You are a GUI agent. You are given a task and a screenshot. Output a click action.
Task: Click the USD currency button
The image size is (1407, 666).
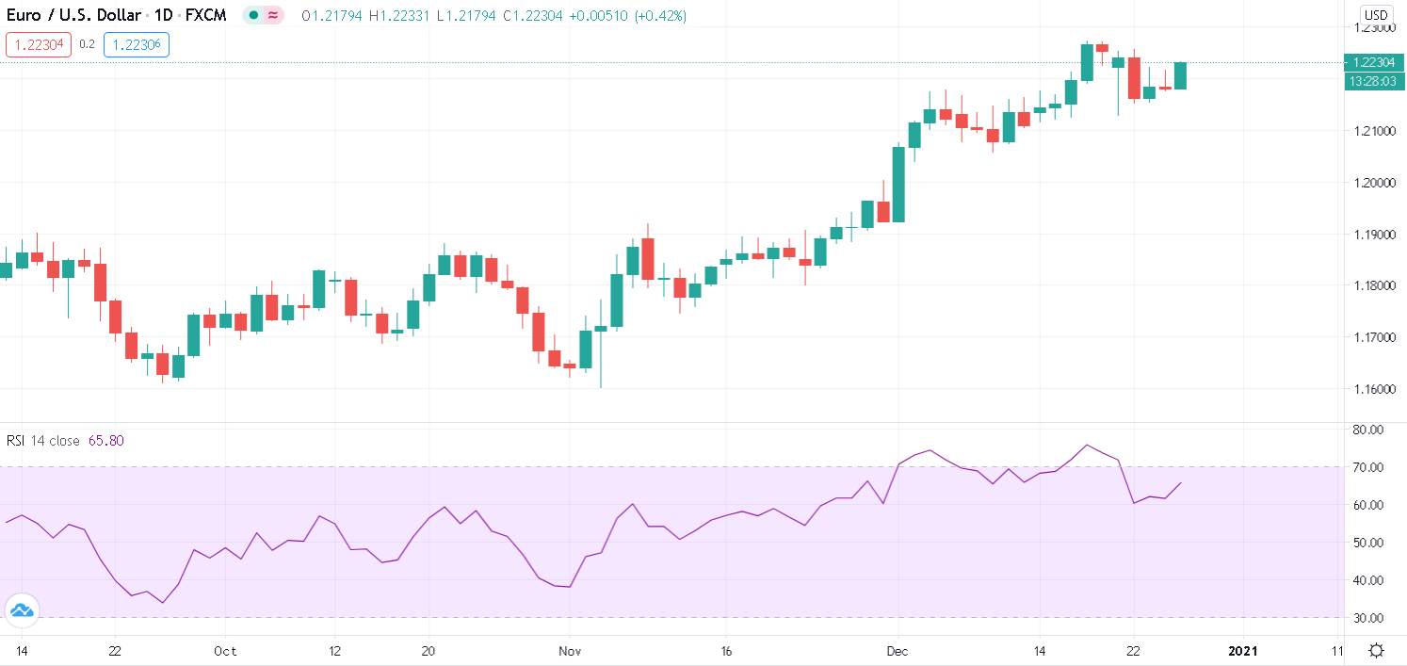(x=1376, y=15)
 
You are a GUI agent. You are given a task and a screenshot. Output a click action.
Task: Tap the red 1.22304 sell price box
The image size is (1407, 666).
(x=39, y=44)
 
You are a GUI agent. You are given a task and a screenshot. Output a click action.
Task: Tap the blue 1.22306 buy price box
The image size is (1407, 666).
(x=137, y=44)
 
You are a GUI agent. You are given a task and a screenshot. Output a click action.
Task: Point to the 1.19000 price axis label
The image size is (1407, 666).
(x=1373, y=234)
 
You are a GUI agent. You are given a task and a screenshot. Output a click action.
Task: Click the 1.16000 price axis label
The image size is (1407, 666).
(x=1373, y=389)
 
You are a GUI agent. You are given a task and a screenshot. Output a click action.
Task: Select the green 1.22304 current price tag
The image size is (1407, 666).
(x=1373, y=63)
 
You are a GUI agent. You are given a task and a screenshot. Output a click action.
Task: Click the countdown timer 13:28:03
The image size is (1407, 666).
(x=1373, y=82)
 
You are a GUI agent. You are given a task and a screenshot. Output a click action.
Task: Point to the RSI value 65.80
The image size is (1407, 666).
(x=105, y=441)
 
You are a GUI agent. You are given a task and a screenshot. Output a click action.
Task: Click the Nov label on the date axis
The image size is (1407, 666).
(x=570, y=651)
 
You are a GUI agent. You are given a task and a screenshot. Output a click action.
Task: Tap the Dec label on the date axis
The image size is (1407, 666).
(x=898, y=651)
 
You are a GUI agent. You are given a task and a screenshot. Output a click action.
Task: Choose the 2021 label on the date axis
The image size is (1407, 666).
(x=1243, y=651)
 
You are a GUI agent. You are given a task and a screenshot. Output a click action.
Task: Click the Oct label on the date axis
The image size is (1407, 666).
(x=225, y=651)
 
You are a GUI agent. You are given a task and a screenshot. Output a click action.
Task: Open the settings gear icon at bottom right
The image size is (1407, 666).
(x=1376, y=651)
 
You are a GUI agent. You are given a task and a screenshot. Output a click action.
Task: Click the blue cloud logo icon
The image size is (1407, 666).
(x=22, y=610)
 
